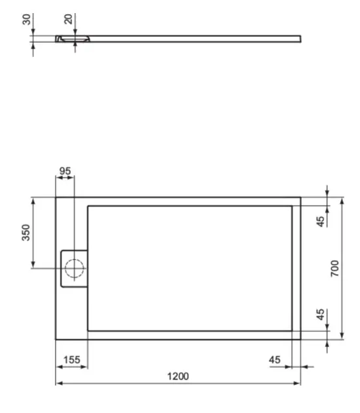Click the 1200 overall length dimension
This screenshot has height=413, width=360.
click(x=178, y=376)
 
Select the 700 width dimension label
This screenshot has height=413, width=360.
click(x=334, y=268)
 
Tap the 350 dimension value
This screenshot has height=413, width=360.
click(x=26, y=232)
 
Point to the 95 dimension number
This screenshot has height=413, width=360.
click(x=65, y=171)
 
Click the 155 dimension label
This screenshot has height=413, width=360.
click(x=71, y=359)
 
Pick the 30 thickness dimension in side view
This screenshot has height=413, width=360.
click(x=27, y=20)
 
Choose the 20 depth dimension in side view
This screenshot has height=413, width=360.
click(x=68, y=19)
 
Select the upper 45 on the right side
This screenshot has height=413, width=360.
click(x=320, y=222)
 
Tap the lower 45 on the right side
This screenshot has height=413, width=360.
click(x=320, y=314)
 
